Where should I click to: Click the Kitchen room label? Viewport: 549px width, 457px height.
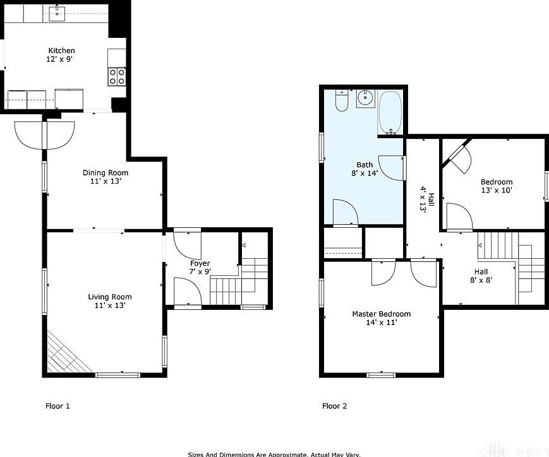click(62, 50)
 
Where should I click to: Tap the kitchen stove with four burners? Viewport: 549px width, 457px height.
click(117, 77)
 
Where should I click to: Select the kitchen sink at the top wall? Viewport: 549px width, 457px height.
click(57, 11)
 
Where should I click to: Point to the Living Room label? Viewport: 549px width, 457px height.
click(110, 297)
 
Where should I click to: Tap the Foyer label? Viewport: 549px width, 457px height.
click(200, 263)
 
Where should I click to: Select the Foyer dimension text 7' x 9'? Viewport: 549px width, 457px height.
click(200, 272)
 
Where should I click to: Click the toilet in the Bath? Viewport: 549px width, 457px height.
click(342, 101)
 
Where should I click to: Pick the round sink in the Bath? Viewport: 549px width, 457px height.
click(365, 98)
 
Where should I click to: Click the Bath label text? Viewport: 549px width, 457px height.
click(364, 165)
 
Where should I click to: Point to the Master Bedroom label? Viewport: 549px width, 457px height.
click(381, 314)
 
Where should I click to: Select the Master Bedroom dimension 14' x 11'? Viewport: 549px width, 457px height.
click(381, 323)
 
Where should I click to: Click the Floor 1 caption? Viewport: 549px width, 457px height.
click(57, 406)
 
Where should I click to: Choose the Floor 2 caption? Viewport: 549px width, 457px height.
click(334, 406)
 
